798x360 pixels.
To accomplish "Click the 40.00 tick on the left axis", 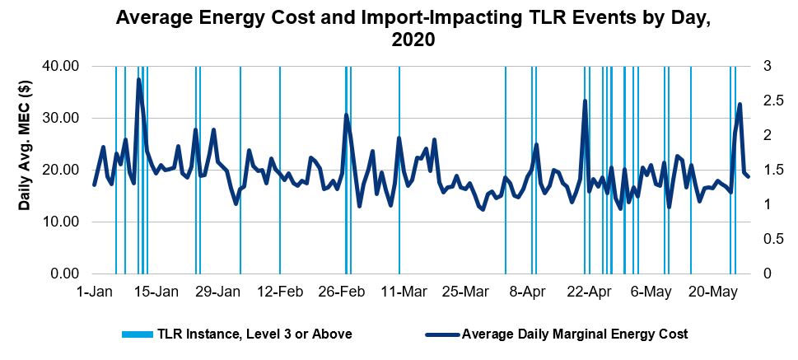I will click(x=64, y=66).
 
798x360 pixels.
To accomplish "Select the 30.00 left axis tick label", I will click(x=64, y=118).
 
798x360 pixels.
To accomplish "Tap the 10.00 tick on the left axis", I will click(x=64, y=222).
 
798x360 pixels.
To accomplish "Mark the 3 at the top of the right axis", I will click(x=767, y=66).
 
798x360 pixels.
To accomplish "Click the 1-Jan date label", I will click(x=94, y=292).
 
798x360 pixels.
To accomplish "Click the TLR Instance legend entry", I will click(x=237, y=334).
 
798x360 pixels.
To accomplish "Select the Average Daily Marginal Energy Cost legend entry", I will click(x=557, y=334).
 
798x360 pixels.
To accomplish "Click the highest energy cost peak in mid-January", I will click(x=138, y=79).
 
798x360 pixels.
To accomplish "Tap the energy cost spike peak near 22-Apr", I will click(x=585, y=101).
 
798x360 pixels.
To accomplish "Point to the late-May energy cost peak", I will click(x=740, y=104).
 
